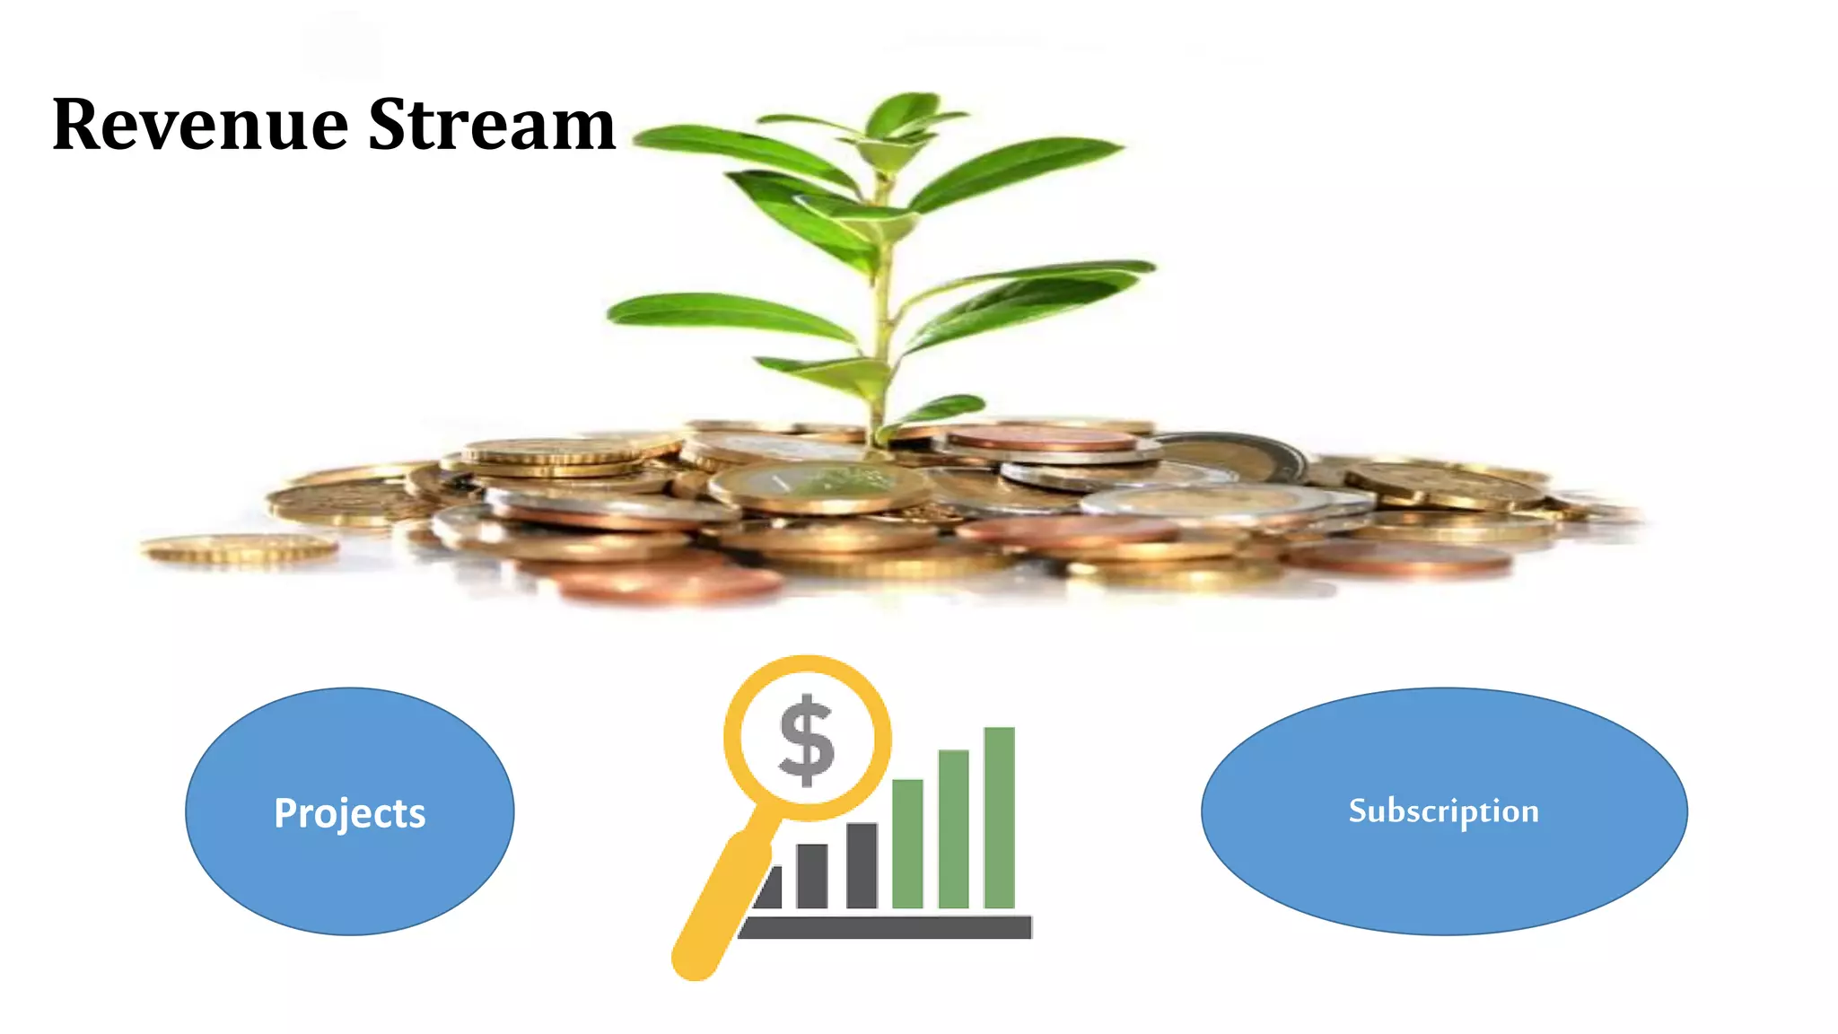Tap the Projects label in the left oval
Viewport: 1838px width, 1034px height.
pyautogui.click(x=349, y=813)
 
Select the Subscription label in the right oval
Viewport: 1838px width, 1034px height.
pyautogui.click(x=1443, y=811)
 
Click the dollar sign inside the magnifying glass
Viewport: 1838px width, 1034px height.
pyautogui.click(x=806, y=740)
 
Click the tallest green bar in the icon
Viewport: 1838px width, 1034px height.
pyautogui.click(x=999, y=817)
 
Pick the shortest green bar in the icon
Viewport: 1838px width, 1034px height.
pyautogui.click(x=907, y=844)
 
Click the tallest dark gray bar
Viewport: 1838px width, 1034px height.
pyautogui.click(x=862, y=865)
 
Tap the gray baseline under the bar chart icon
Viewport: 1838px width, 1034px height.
pyautogui.click(x=885, y=927)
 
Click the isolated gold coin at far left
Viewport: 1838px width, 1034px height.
pyautogui.click(x=240, y=548)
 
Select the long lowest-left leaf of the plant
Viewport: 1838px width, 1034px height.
pyautogui.click(x=727, y=313)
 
